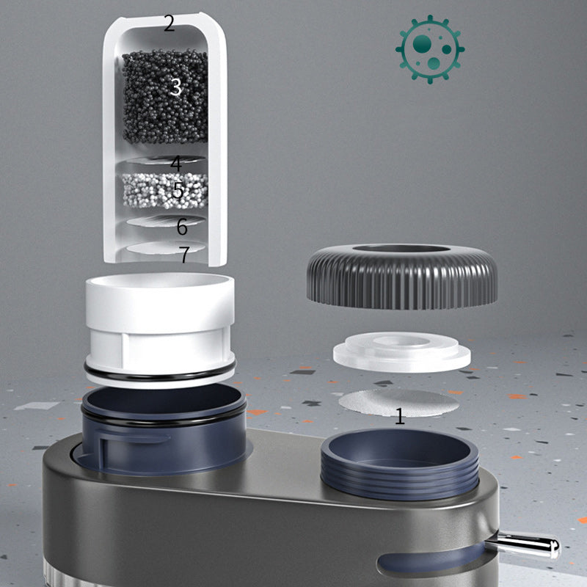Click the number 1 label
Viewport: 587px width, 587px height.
(x=400, y=416)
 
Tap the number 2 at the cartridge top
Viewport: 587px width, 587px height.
(x=169, y=23)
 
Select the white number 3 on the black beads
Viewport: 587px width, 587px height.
(x=176, y=87)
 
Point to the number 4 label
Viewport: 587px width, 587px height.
(x=176, y=164)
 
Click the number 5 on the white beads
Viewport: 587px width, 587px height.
(x=178, y=190)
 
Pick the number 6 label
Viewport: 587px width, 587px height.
(x=182, y=226)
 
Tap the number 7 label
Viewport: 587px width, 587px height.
(x=184, y=254)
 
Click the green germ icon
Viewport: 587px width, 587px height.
(x=430, y=49)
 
